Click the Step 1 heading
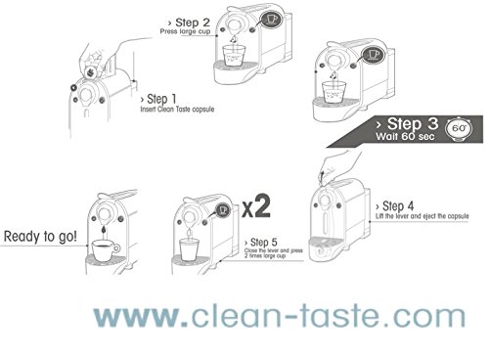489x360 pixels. pos(158,99)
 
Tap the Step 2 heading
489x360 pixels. pos(189,22)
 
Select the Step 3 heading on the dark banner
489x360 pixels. pos(407,124)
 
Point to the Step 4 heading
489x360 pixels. pos(394,206)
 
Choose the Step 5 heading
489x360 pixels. pos(261,243)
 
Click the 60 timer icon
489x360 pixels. pos(459,129)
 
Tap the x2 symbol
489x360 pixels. pos(256,206)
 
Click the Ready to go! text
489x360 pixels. pos(40,236)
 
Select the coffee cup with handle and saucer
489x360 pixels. pos(106,250)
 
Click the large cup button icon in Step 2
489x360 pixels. pos(271,20)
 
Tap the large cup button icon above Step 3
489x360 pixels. pos(374,55)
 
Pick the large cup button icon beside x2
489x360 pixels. pos(223,210)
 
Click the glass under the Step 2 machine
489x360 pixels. pos(234,56)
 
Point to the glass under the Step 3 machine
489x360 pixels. pos(333,92)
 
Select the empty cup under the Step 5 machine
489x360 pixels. pos(189,249)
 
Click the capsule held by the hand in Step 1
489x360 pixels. pos(91,71)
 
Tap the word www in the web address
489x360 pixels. pos(137,316)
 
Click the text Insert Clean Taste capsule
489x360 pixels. pos(177,109)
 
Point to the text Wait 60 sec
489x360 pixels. pos(405,136)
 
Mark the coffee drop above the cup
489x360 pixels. pos(104,230)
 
